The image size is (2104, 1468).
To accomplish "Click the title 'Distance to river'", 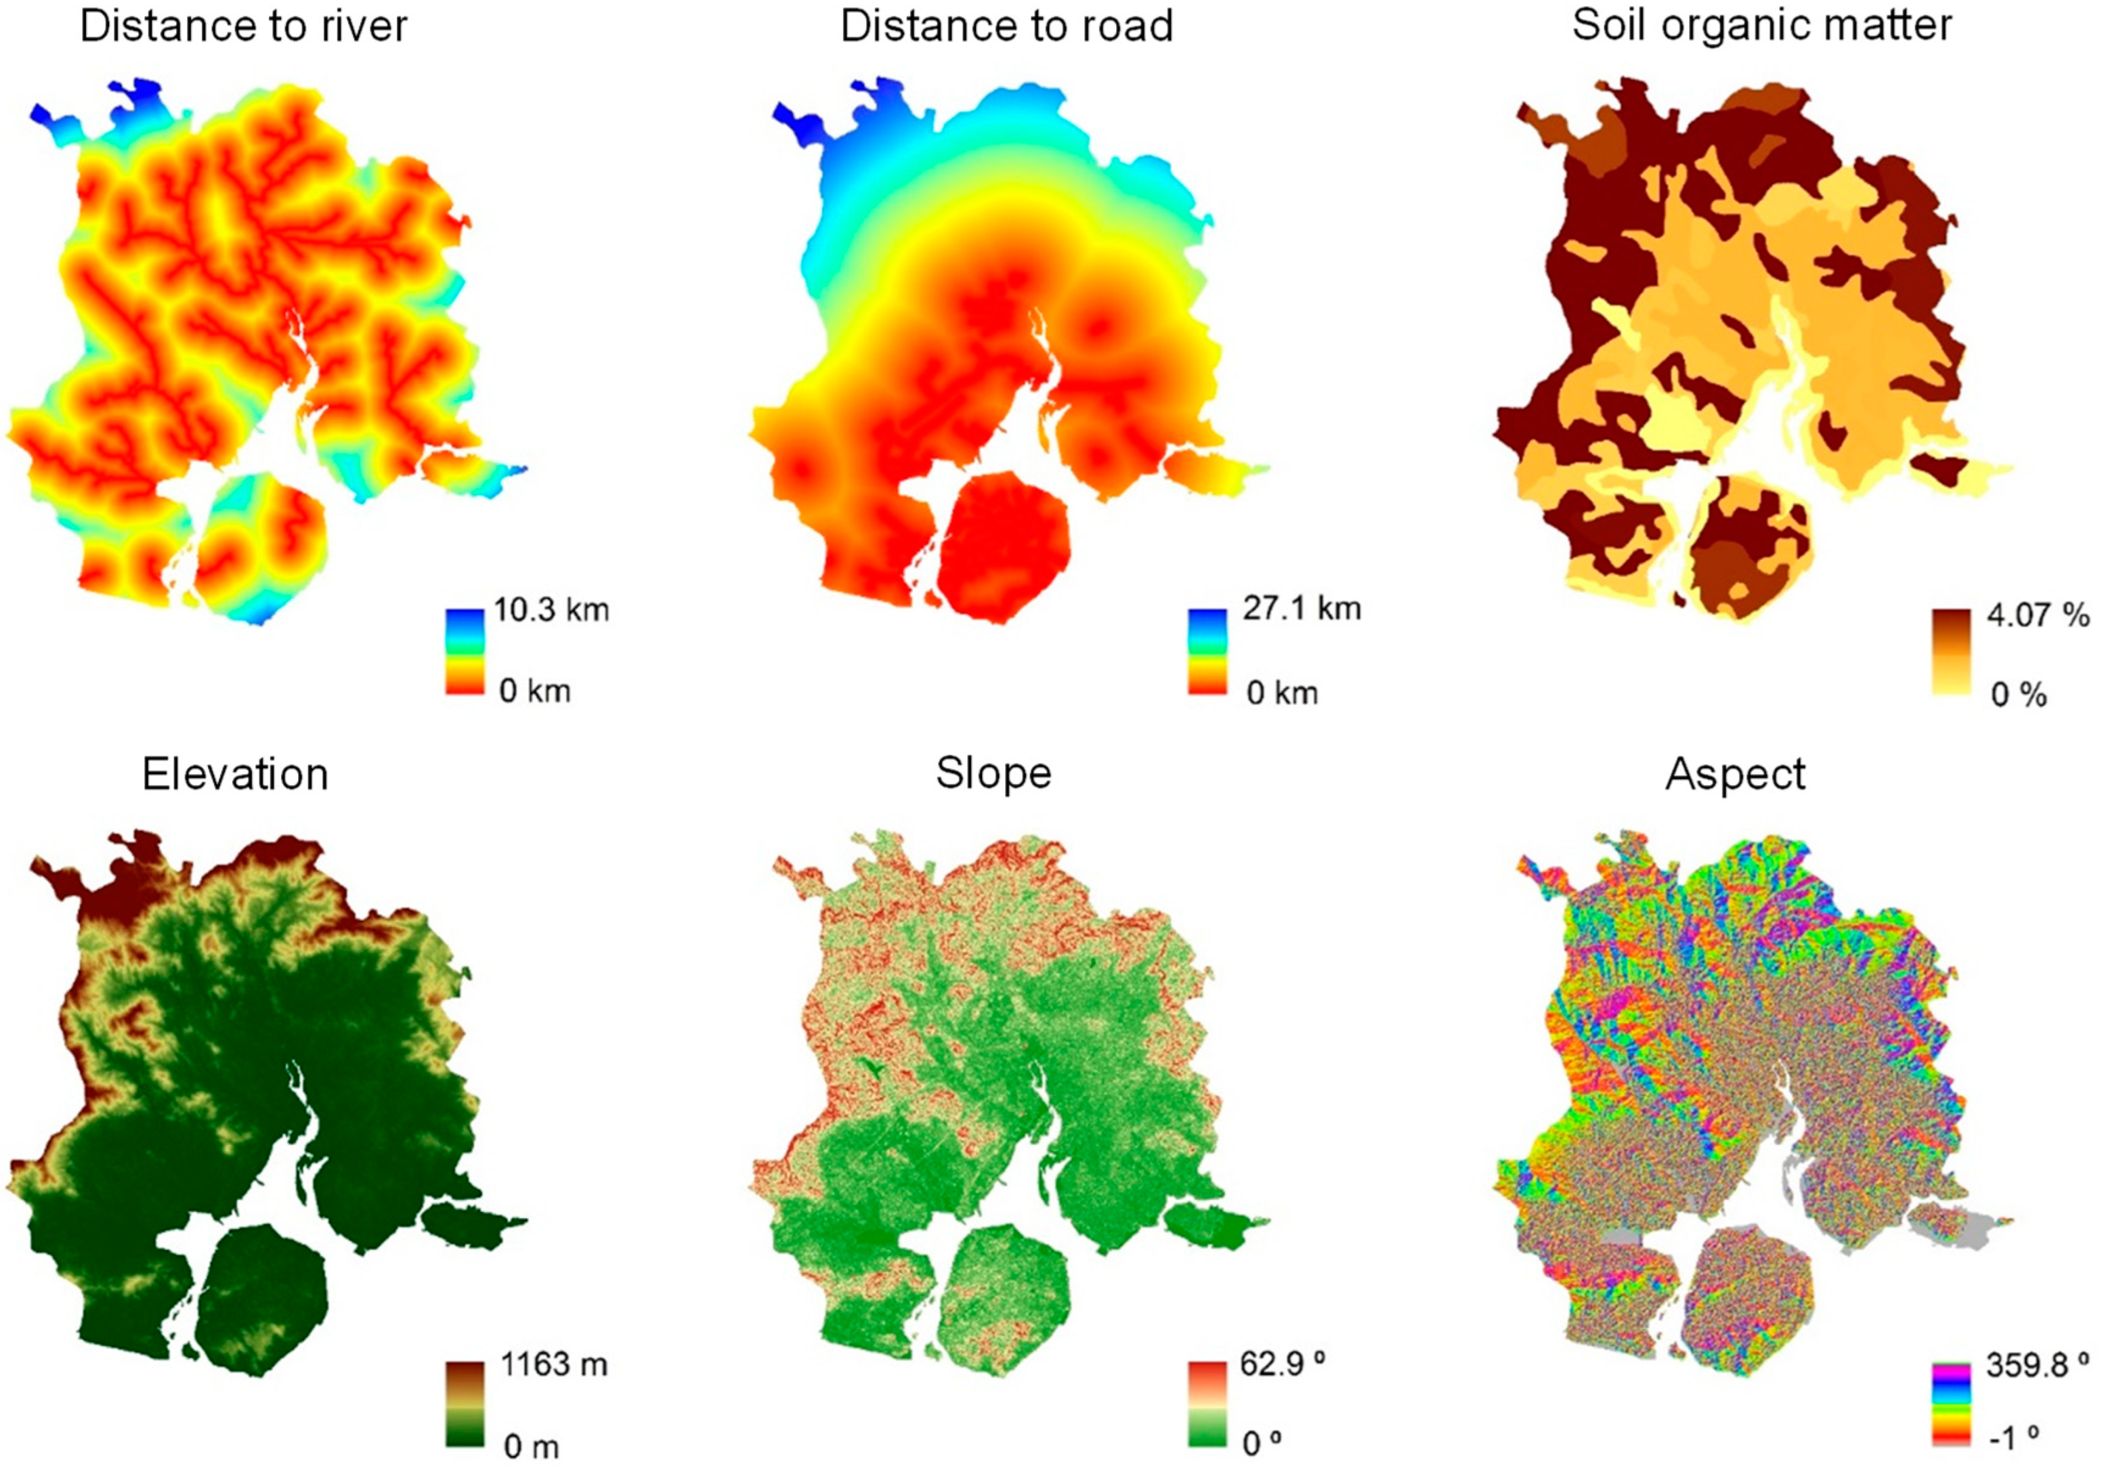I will click(x=243, y=26).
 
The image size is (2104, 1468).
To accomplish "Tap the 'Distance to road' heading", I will click(x=1006, y=26).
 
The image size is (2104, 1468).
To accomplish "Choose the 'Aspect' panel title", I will click(x=1735, y=775).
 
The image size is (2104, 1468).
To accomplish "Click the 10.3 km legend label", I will click(x=551, y=609).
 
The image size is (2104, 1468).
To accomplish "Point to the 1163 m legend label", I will click(x=553, y=1364).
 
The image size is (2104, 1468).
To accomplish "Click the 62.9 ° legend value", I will click(x=1282, y=1364).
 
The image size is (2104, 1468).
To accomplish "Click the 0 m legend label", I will click(x=532, y=1446).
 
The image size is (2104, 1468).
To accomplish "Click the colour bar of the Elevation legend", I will click(x=465, y=1403).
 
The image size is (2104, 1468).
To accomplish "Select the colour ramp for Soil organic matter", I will click(x=1951, y=651).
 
